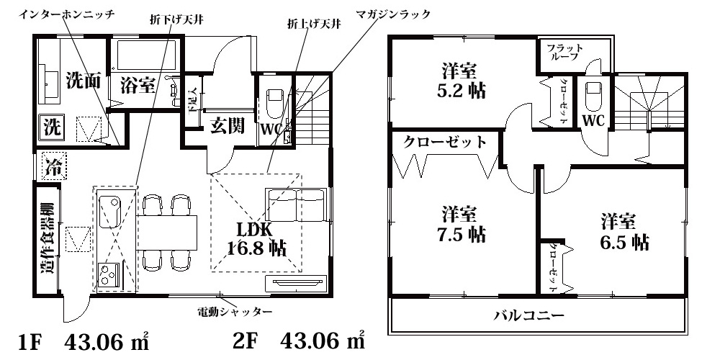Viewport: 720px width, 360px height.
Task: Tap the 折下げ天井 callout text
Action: (177, 19)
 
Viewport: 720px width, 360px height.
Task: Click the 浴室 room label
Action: (138, 86)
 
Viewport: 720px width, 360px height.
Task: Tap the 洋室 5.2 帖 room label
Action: (461, 81)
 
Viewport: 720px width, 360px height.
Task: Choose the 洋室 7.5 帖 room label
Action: (462, 224)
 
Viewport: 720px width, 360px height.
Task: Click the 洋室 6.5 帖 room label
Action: (626, 230)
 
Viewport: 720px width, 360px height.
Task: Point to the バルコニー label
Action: (528, 315)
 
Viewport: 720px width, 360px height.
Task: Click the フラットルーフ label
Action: (565, 53)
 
